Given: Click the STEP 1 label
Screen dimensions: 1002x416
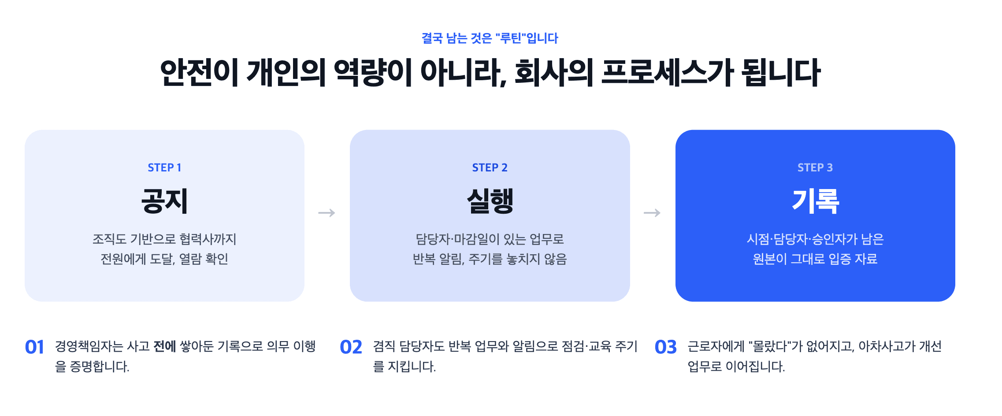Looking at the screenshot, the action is pyautogui.click(x=164, y=167).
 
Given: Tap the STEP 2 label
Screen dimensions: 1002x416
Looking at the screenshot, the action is pyautogui.click(x=490, y=167).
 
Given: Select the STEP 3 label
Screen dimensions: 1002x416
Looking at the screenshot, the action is pyautogui.click(x=815, y=167).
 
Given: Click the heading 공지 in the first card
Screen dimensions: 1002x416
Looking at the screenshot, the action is pyautogui.click(x=164, y=201).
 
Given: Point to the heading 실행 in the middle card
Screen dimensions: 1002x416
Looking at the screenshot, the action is pyautogui.click(x=490, y=201).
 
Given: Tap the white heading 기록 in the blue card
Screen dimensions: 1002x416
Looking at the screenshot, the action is pyautogui.click(x=815, y=201).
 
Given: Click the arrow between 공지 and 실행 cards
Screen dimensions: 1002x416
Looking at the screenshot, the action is pyautogui.click(x=327, y=213).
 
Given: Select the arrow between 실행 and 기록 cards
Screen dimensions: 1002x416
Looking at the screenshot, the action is pyautogui.click(x=652, y=213).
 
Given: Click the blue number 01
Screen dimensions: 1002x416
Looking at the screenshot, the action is pyautogui.click(x=34, y=347).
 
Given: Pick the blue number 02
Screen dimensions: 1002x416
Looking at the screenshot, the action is pyautogui.click(x=351, y=347).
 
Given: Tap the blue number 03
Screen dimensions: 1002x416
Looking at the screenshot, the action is pyautogui.click(x=665, y=347).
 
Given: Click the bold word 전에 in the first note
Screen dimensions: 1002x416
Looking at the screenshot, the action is pyautogui.click(x=165, y=346).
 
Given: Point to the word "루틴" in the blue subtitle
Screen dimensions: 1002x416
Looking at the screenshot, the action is pyautogui.click(x=511, y=38).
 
